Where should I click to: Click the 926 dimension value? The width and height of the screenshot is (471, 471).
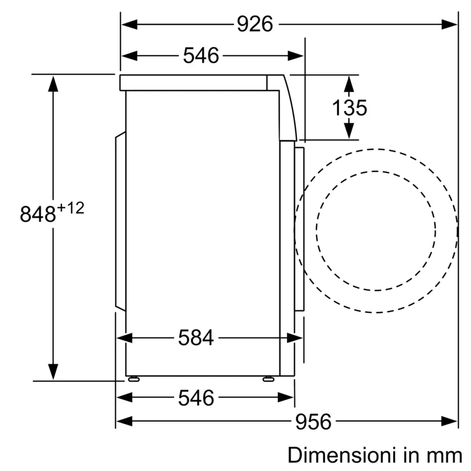[x=255, y=24]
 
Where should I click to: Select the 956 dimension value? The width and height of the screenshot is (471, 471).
[x=313, y=421]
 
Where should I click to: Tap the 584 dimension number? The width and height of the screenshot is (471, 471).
[x=196, y=338]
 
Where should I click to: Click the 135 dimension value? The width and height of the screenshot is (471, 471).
[x=349, y=108]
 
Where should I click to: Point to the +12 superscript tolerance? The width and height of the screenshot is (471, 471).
[x=71, y=208]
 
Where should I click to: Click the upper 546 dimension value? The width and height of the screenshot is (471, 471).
[x=201, y=56]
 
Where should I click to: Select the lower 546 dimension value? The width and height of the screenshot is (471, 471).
[x=196, y=398]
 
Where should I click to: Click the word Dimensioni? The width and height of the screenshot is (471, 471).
[x=338, y=455]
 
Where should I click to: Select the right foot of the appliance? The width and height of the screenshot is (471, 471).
[x=269, y=378]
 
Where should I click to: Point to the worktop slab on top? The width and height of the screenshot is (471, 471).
[x=193, y=82]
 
